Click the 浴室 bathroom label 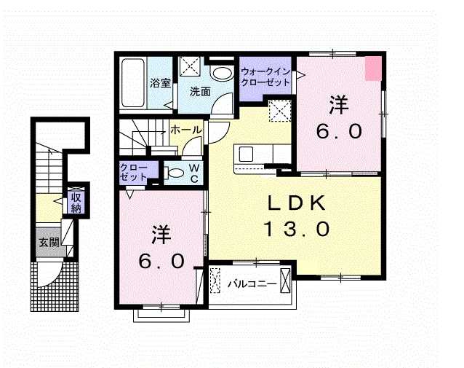tap(160, 83)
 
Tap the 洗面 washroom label tap(200, 91)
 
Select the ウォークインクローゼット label tap(265, 77)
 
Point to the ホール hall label tap(186, 129)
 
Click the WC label tap(194, 173)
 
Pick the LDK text tap(296, 203)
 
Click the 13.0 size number tap(296, 230)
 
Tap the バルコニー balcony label tap(252, 284)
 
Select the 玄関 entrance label tap(49, 243)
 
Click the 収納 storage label tap(76, 203)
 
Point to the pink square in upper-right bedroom tap(373, 68)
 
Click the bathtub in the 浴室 tap(133, 83)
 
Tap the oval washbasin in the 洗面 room tap(222, 74)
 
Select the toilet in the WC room tap(175, 173)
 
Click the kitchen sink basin tap(246, 154)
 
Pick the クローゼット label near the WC tap(134, 172)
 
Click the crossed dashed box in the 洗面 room tap(191, 66)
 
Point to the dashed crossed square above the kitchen tap(280, 111)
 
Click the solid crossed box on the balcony tap(286, 281)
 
